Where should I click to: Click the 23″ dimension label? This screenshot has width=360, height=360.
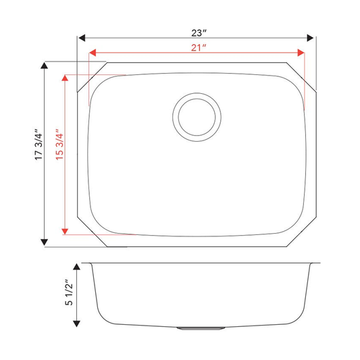click(199, 33)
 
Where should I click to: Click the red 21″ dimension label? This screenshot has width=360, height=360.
click(199, 48)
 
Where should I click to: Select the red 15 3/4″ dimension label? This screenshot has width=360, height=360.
click(59, 144)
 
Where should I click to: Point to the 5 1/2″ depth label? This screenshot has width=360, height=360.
click(69, 292)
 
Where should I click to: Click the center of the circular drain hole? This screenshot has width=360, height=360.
click(197, 117)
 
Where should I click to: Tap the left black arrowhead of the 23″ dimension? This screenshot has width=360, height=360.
click(82, 38)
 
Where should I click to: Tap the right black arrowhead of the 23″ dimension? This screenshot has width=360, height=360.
click(310, 38)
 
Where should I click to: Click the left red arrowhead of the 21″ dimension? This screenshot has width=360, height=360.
click(93, 53)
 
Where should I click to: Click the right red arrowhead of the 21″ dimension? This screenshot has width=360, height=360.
click(301, 53)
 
